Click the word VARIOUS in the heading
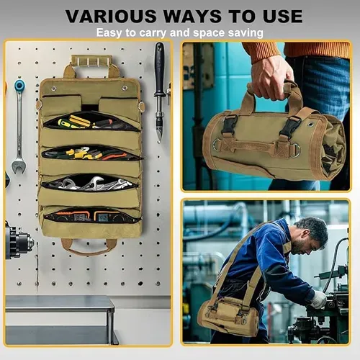[110, 17]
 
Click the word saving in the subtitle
[246, 33]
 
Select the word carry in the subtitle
[153, 33]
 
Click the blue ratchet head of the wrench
[19, 85]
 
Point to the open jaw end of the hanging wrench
[19, 166]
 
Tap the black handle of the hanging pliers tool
[159, 68]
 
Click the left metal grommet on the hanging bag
[53, 89]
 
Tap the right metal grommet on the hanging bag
[125, 88]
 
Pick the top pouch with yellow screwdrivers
[91, 121]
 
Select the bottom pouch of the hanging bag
[91, 216]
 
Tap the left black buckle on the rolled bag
[228, 125]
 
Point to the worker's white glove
[319, 300]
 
